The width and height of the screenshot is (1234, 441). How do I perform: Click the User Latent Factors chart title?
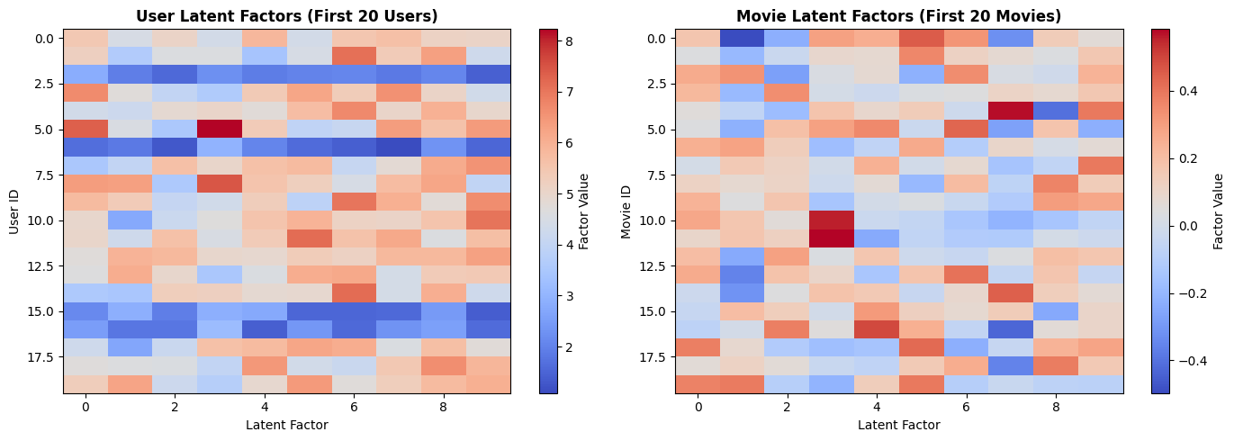tap(286, 16)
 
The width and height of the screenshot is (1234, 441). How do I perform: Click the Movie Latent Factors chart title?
tap(898, 16)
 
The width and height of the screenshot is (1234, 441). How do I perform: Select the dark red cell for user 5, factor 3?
tap(220, 129)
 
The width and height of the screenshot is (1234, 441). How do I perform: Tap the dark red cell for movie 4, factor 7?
tap(1011, 111)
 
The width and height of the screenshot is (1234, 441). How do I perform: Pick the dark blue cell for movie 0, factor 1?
tap(743, 38)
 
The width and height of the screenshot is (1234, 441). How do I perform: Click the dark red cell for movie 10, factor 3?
tap(832, 220)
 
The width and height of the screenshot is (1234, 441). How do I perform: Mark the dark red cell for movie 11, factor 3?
tap(832, 238)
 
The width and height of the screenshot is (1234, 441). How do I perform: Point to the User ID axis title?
tap(14, 211)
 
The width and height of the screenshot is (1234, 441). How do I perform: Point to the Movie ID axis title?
tap(626, 211)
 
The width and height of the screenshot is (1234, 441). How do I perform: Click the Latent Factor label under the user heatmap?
tap(286, 425)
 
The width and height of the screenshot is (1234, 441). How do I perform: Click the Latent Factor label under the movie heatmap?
tap(898, 425)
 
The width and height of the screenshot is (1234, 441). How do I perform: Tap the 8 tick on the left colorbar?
tap(571, 41)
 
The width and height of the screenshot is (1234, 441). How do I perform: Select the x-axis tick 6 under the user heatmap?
tap(354, 407)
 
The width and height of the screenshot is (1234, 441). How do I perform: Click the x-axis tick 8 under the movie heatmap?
tap(1056, 407)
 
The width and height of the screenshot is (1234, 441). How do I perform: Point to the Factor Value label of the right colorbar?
tap(1218, 211)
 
